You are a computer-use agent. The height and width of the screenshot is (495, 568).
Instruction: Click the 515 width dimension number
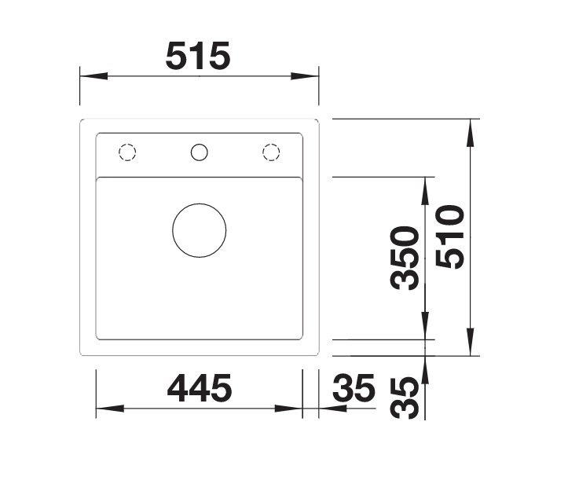(x=198, y=56)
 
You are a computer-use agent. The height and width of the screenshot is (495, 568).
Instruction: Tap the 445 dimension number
(x=200, y=388)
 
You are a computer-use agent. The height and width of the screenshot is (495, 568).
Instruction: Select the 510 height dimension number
(x=450, y=237)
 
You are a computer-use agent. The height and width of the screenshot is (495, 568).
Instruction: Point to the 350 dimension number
(x=405, y=258)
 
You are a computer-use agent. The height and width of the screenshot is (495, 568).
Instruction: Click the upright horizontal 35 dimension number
(x=354, y=388)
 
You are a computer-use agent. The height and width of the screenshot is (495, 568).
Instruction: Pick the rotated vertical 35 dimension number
(x=405, y=398)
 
